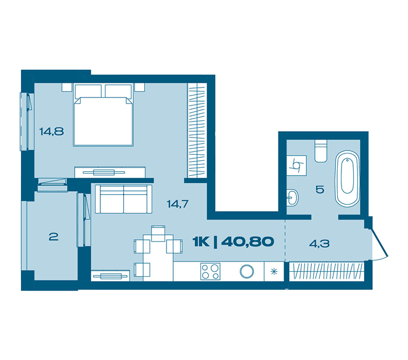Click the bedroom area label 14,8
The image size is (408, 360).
click(x=52, y=131)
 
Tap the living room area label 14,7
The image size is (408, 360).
click(x=177, y=204)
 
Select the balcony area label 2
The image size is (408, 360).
click(x=54, y=237)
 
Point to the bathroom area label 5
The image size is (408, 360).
click(x=320, y=189)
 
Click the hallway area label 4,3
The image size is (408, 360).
click(x=319, y=243)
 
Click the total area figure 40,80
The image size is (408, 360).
click(x=248, y=242)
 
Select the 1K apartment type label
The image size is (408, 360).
click(x=201, y=242)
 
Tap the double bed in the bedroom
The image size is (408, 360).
click(x=104, y=115)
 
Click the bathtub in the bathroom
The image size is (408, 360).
click(x=348, y=179)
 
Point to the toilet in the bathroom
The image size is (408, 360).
click(x=320, y=151)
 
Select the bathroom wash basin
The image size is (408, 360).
click(x=293, y=198)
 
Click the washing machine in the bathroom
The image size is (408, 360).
click(x=296, y=166)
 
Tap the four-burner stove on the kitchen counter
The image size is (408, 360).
click(x=210, y=271)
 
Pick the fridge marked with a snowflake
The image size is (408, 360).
click(x=274, y=271)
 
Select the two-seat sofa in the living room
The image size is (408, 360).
click(x=124, y=199)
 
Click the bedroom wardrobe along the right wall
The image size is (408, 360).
click(x=197, y=131)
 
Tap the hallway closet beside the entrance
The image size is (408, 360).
click(x=327, y=271)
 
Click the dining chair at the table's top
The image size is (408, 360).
click(x=158, y=234)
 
